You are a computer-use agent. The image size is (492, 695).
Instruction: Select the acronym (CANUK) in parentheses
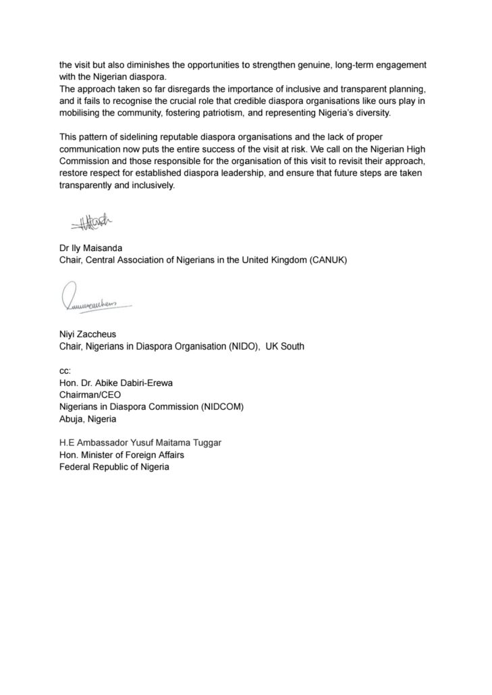pyautogui.click(x=324, y=261)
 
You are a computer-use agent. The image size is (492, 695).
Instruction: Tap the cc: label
pyautogui.click(x=65, y=370)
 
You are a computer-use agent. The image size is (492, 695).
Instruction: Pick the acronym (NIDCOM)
pyautogui.click(x=215, y=407)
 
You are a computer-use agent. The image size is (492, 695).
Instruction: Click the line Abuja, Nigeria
pyautogui.click(x=88, y=418)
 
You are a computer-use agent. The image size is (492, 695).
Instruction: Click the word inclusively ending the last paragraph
pyautogui.click(x=152, y=186)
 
